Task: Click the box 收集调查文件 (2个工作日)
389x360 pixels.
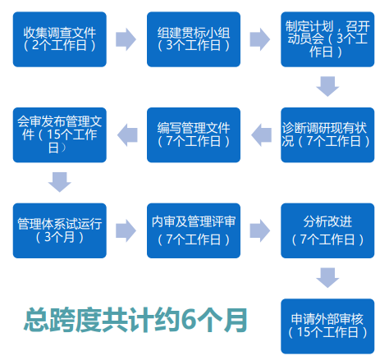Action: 60,39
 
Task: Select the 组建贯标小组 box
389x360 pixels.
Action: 194,39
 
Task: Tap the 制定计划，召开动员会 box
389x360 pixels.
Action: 327,39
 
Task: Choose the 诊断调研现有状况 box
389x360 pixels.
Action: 327,135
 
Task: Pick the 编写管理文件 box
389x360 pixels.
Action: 194,135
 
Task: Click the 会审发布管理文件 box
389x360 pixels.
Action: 60,135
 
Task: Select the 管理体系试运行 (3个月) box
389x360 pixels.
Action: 60,230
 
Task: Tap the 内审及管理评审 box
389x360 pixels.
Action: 194,230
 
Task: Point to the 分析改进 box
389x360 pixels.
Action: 327,230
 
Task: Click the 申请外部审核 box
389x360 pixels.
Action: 327,326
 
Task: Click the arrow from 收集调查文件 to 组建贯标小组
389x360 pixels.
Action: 126,39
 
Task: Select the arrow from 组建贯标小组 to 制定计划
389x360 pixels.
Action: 260,39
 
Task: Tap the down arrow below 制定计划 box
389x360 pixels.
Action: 327,87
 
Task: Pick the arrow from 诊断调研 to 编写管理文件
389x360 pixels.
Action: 261,135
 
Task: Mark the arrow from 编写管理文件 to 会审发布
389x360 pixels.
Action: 127,135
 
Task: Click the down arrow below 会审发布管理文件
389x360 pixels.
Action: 60,182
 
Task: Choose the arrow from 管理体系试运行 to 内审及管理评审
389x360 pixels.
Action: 126,230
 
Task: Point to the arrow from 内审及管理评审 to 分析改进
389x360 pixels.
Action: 260,230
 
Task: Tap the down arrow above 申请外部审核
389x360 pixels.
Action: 327,278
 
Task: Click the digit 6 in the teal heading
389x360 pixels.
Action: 188,320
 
